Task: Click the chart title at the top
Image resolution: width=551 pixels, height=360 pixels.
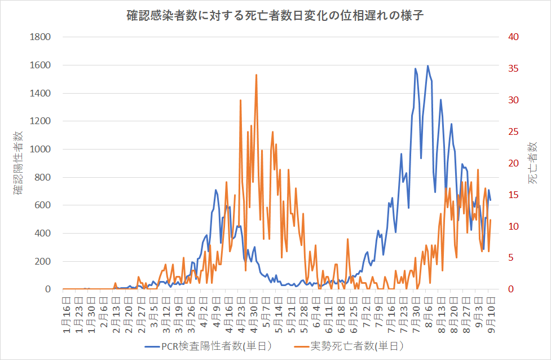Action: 275,15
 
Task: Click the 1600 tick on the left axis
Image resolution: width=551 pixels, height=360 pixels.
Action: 40,65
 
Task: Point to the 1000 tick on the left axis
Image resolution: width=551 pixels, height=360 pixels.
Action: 40,150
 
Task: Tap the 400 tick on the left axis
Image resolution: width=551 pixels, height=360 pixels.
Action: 43,234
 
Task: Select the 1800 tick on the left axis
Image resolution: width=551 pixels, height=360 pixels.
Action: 40,37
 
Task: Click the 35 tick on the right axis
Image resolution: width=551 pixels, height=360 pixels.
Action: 513,69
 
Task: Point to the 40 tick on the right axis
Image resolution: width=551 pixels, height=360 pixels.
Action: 513,37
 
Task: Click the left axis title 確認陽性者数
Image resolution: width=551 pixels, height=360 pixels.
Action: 19,163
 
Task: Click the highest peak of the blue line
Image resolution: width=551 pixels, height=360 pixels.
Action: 427,66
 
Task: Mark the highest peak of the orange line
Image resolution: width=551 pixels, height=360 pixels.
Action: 256,74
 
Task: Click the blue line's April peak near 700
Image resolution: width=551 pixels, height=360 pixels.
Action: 215,190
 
